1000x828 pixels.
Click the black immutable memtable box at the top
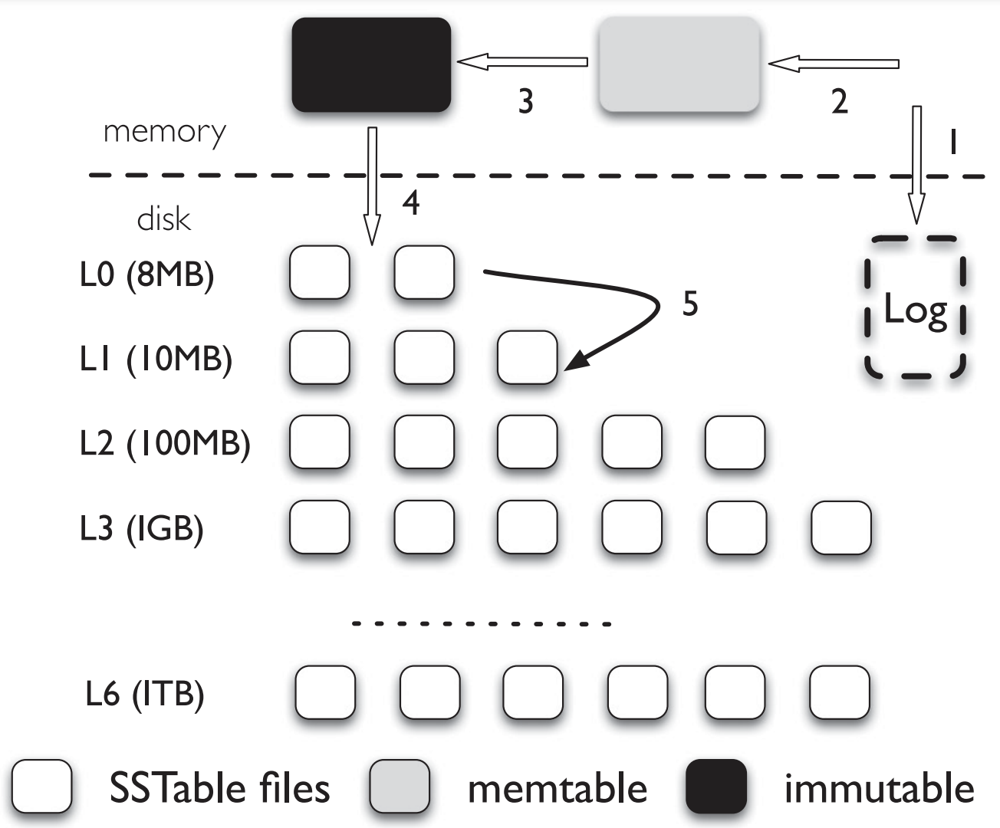(371, 65)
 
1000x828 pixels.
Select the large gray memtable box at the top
(679, 65)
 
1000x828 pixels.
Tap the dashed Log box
(915, 307)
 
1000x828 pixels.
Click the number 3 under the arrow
(525, 101)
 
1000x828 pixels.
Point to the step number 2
(840, 101)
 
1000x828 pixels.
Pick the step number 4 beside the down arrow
(411, 203)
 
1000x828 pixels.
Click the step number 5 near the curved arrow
(690, 304)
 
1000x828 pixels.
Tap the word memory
(165, 132)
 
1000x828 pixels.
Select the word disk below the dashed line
(163, 219)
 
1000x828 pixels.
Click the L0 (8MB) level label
(146, 274)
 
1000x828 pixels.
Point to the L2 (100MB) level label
(165, 443)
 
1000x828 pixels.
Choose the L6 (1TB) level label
(145, 695)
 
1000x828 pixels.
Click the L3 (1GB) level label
(142, 528)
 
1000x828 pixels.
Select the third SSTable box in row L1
(527, 357)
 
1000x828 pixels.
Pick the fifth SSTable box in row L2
(735, 442)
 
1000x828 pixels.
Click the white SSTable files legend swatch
(42, 787)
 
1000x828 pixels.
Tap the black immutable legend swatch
(715, 787)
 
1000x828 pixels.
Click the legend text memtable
(558, 789)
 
